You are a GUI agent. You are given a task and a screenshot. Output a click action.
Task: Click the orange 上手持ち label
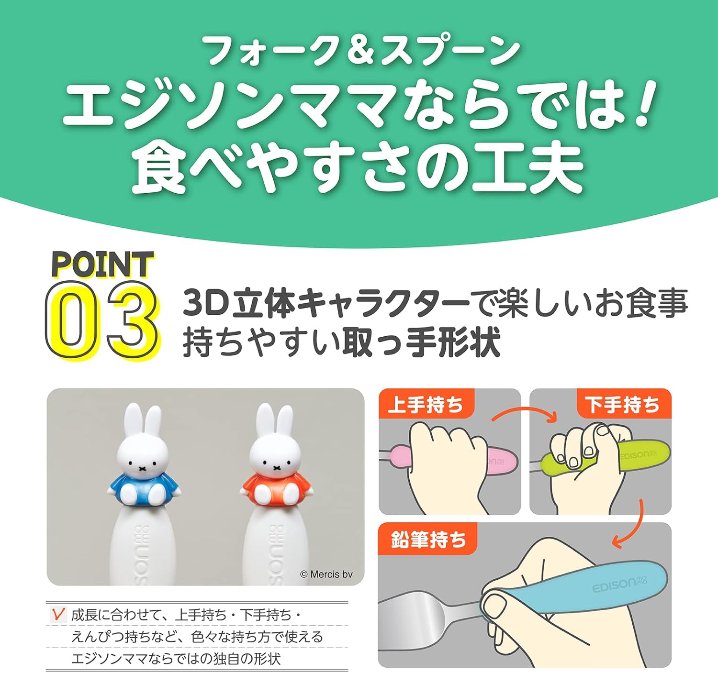426,404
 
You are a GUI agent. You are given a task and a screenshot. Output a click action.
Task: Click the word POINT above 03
103,265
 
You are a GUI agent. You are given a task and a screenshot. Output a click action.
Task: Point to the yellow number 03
101,321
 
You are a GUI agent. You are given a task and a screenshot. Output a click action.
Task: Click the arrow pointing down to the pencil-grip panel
633,524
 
